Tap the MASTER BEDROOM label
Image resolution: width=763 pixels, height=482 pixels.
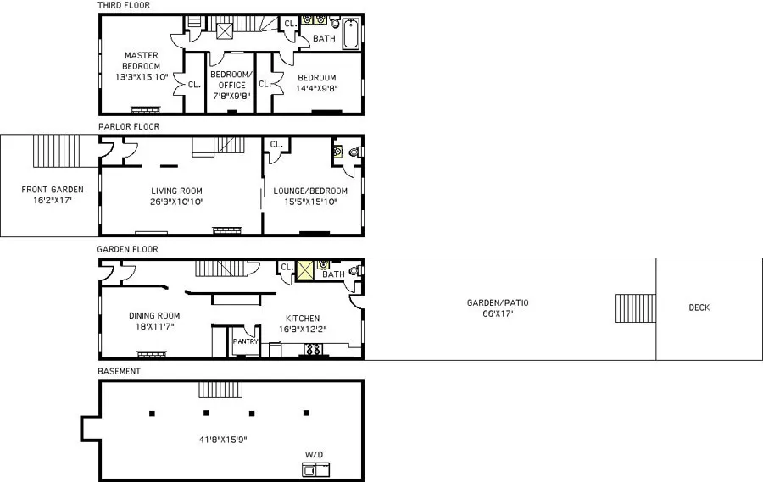pos(140,61)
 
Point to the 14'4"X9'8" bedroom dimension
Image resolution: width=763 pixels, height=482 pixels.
pos(315,88)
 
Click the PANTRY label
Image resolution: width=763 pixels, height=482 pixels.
pos(245,341)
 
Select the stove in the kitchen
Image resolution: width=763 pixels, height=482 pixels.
pos(313,349)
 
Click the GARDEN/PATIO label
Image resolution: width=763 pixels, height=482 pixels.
pos(503,302)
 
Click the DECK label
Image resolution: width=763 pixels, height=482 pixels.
pos(699,307)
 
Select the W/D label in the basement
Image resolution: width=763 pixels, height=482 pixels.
pos(315,455)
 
